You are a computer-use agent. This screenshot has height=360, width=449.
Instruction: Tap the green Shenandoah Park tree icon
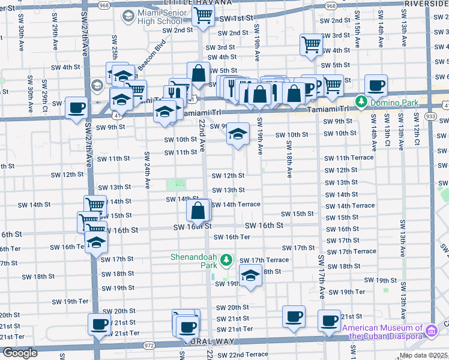point(226,260)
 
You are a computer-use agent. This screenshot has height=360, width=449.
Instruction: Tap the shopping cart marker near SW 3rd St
point(311,44)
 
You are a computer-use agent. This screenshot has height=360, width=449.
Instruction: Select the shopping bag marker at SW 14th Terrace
point(198,210)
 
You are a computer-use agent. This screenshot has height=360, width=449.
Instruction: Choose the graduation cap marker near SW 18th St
point(250,275)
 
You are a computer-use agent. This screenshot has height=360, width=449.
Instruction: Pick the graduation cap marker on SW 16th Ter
point(95,242)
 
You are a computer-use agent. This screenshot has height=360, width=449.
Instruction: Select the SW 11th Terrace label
point(349,158)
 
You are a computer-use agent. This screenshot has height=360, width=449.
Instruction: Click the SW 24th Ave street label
point(146,172)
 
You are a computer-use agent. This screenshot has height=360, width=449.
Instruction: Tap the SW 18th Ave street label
point(289,159)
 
